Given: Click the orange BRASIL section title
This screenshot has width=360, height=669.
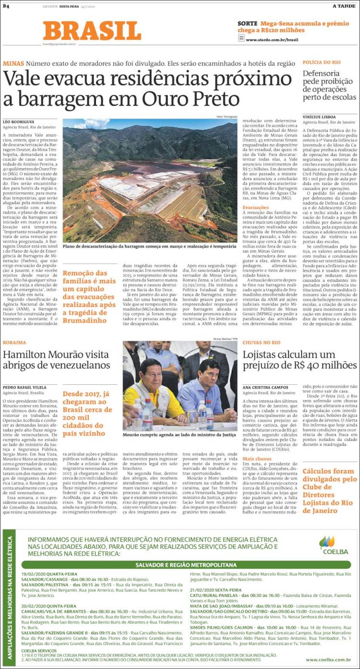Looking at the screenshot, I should [x=92, y=31].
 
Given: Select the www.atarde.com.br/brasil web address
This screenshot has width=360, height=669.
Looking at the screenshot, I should [x=272, y=40].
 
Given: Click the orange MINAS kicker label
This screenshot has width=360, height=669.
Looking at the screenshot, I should [x=13, y=63].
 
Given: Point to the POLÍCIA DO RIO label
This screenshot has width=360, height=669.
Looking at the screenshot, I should [x=321, y=62].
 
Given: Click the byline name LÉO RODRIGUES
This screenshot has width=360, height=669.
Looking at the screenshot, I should [x=18, y=122].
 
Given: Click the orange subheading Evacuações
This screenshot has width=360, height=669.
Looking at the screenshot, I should [x=255, y=207].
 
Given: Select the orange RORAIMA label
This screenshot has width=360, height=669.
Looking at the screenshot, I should [x=14, y=342].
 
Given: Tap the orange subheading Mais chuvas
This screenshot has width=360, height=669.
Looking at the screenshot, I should [x=256, y=459].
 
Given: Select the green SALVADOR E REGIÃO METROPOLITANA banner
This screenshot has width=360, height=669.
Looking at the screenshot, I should [x=186, y=564].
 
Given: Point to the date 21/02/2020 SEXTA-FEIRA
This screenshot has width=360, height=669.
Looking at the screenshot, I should [x=216, y=590].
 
